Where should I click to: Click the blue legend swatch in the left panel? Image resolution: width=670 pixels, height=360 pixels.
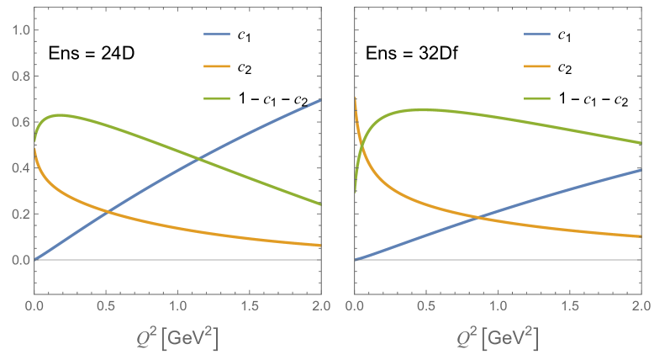pos(217,34)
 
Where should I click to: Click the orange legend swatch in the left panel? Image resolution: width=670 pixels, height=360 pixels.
pos(217,66)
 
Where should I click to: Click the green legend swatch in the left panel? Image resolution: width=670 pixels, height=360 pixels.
pos(217,98)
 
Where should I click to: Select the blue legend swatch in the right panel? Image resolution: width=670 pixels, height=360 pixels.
pos(537,34)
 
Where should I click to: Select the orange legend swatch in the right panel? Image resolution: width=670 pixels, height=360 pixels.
pos(537,66)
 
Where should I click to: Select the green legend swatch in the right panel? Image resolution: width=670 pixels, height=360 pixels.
pos(537,98)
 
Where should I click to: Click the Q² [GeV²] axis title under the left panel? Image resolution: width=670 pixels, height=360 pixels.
pos(177,336)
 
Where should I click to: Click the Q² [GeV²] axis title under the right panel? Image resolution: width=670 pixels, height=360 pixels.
pos(498,336)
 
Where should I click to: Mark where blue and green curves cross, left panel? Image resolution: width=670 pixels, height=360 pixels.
pos(198,157)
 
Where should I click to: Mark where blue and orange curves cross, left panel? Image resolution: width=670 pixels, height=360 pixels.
pos(108,209)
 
